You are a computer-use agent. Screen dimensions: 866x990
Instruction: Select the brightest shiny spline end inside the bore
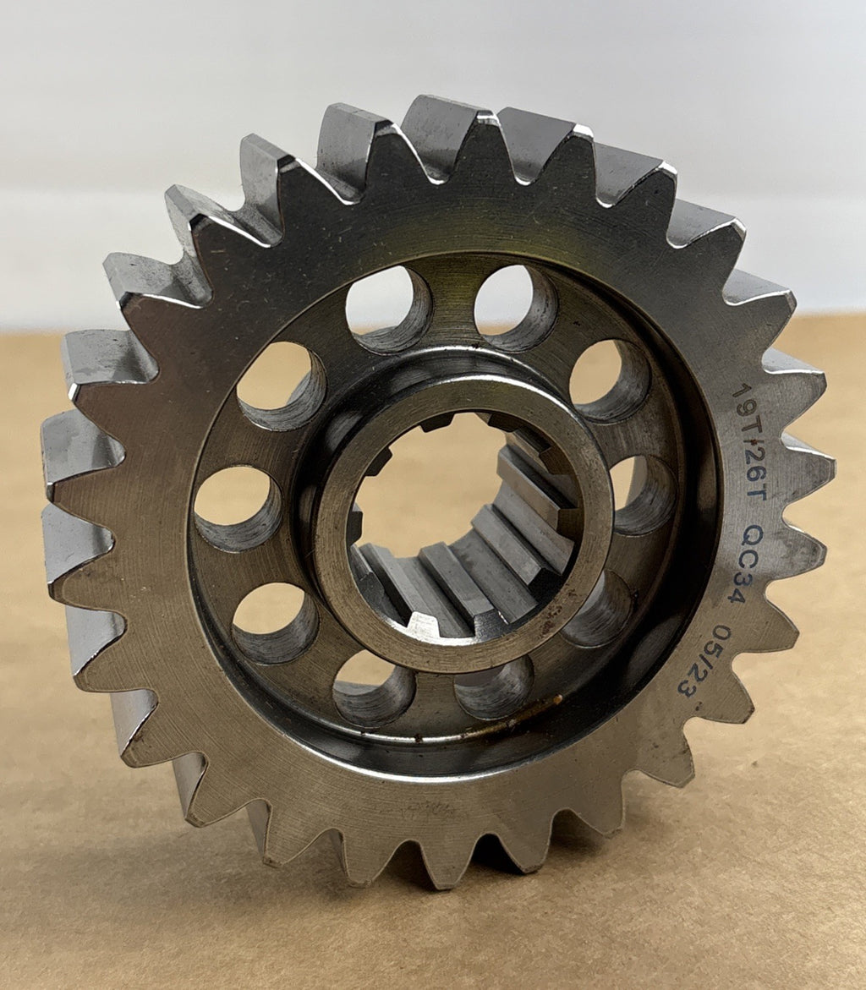coord(422,624)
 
